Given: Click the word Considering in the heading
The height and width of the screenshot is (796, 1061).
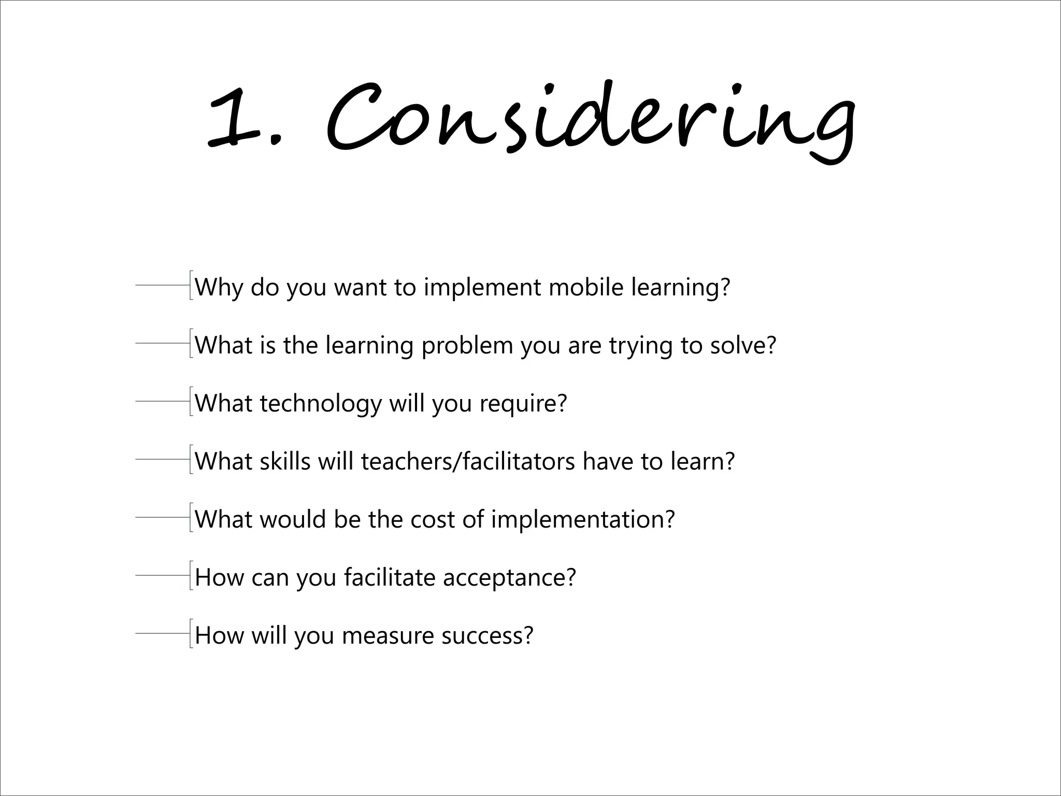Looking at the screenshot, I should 591,119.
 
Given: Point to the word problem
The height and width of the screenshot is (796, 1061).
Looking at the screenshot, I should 467,346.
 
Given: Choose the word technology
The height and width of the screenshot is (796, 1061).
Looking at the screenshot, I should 320,404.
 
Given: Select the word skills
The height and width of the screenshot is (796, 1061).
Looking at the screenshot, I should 284,461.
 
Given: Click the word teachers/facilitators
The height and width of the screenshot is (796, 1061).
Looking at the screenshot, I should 468,461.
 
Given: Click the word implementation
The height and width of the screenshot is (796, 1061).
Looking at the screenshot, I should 583,520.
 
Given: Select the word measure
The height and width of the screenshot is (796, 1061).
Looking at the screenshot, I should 388,636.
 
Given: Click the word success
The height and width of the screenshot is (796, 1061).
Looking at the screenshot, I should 487,636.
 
